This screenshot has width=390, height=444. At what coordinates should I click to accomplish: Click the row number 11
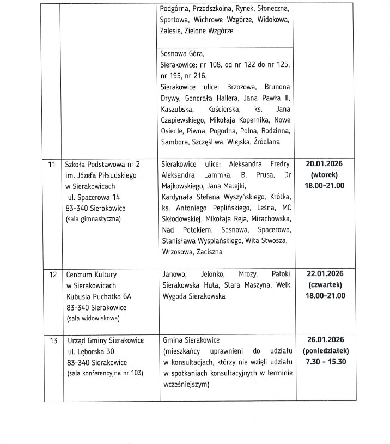pyautogui.click(x=52, y=163)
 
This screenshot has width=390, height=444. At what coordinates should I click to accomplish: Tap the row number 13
pyautogui.click(x=53, y=340)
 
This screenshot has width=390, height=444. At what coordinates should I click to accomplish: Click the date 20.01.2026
pyautogui.click(x=325, y=163)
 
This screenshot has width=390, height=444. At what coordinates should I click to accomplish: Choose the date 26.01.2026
pyautogui.click(x=325, y=340)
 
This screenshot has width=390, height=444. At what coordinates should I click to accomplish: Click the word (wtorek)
pyautogui.click(x=325, y=175)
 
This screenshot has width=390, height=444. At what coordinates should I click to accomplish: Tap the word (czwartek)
pyautogui.click(x=325, y=285)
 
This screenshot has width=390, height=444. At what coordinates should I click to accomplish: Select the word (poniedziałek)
pyautogui.click(x=325, y=351)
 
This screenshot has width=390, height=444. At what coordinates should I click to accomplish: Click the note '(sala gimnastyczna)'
pyautogui.click(x=93, y=218)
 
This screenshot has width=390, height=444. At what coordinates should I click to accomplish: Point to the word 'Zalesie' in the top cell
pyautogui.click(x=171, y=31)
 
